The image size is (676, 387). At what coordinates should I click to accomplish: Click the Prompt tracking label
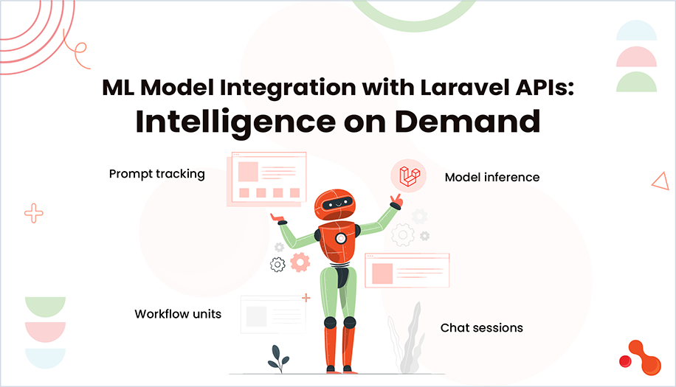pos(156,174)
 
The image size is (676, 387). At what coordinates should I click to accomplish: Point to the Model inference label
pos(492,177)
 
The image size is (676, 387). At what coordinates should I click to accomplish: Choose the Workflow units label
pos(177,314)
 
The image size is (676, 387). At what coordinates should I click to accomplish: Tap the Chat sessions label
pos(481,327)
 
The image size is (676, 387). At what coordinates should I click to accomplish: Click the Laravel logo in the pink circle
pos(408,176)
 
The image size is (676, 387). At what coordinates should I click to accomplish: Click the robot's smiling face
pos(336,201)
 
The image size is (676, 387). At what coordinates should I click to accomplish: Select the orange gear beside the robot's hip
pos(300,262)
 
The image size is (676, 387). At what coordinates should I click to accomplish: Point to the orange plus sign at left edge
pos(34,214)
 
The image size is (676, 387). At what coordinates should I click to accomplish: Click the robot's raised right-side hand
pos(397,201)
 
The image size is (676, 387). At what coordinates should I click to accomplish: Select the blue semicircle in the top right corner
pos(636,32)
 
